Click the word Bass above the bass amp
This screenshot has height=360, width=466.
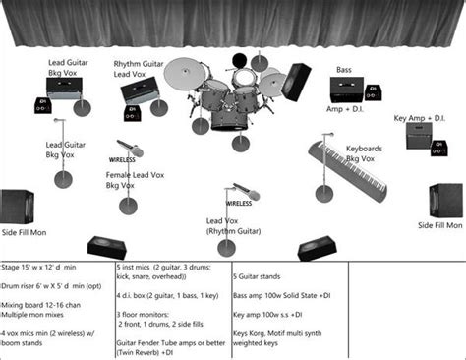(x=344, y=70)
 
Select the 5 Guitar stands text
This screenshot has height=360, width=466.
(x=268, y=268)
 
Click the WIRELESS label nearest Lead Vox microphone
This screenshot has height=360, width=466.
(x=239, y=204)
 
